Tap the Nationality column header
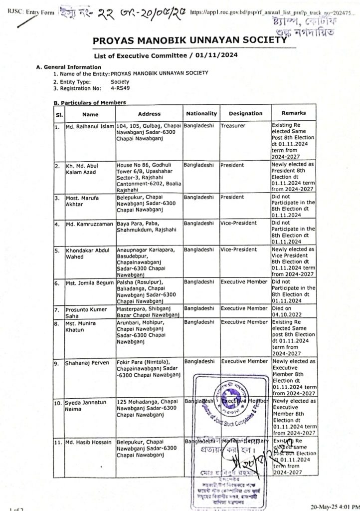tap(201, 113)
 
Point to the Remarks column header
tap(293, 113)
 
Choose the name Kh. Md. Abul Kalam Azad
tap(83, 168)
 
